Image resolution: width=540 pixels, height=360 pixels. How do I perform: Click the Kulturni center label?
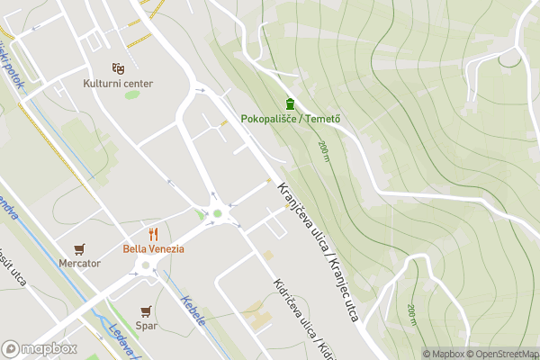(x=118, y=84)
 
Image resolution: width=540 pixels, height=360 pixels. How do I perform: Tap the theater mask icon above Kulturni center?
(x=117, y=68)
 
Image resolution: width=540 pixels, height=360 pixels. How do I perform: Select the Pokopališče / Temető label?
(x=289, y=120)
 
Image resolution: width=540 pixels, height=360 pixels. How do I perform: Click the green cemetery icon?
(x=289, y=104)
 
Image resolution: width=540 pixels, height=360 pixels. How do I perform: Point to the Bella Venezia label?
(x=154, y=248)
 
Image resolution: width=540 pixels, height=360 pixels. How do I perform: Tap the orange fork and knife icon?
(x=153, y=234)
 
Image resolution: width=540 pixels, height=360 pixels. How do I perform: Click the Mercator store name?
(x=80, y=264)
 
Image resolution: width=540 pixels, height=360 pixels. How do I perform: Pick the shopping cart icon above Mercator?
(x=80, y=249)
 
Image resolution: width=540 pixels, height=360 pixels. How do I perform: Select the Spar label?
(x=146, y=325)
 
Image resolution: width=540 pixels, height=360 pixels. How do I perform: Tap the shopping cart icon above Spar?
(x=146, y=310)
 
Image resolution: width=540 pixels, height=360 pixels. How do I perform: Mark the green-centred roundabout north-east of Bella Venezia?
(x=217, y=213)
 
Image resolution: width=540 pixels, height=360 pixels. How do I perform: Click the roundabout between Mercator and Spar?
(x=145, y=265)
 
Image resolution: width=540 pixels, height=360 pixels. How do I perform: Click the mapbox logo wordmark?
(x=39, y=348)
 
